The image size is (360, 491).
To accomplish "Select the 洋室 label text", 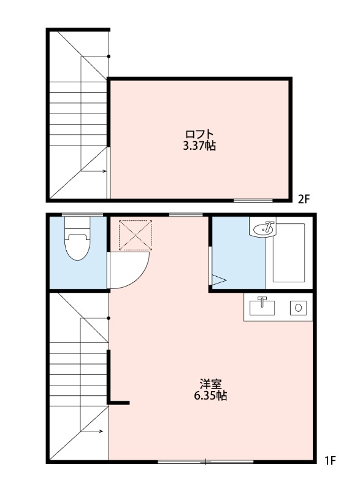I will (x=210, y=384).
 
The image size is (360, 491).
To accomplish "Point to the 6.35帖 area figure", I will (x=210, y=396).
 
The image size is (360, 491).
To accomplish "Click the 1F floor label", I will (x=329, y=460).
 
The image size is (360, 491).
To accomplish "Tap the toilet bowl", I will (x=78, y=247).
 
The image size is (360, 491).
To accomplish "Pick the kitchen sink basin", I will (x=262, y=305).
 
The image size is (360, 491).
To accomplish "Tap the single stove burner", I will (x=299, y=307).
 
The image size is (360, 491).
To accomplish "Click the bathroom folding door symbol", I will (x=218, y=279).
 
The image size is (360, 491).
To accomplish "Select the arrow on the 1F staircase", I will (x=92, y=431).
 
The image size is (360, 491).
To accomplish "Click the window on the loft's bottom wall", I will (x=253, y=200).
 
